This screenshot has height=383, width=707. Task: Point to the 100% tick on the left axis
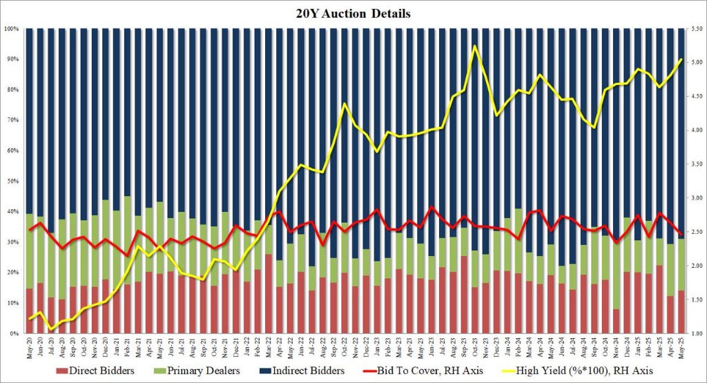click(12, 29)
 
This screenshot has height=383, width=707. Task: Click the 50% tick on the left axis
click(13, 181)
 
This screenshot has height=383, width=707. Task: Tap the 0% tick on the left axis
click(14, 333)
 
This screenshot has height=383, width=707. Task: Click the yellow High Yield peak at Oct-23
click(474, 46)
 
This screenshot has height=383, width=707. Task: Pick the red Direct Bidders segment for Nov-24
click(616, 322)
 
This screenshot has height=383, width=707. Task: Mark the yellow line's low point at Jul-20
click(50, 329)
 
